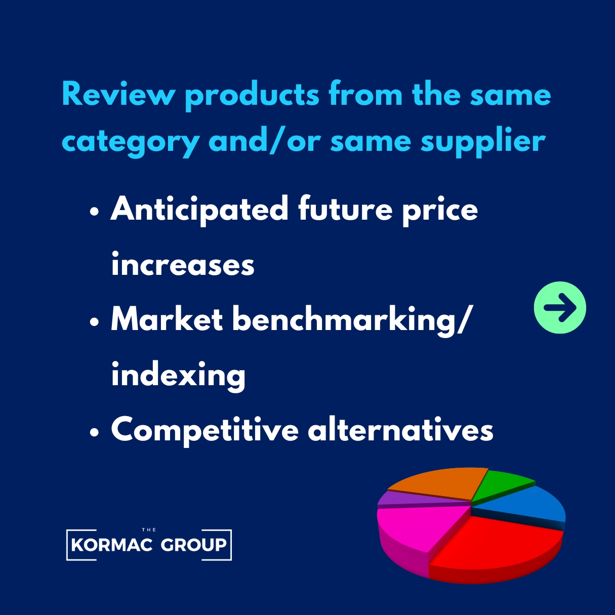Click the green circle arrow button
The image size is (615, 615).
click(560, 307)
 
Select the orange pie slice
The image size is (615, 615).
click(440, 483)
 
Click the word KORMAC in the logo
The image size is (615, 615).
click(112, 545)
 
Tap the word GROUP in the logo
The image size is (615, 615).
click(193, 545)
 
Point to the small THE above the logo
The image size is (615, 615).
click(149, 530)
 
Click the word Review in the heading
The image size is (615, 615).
click(118, 95)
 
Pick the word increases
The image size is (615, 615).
click(183, 265)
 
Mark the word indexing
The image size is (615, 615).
click(178, 375)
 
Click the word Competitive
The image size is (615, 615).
click(205, 430)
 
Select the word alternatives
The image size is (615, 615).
click(400, 429)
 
